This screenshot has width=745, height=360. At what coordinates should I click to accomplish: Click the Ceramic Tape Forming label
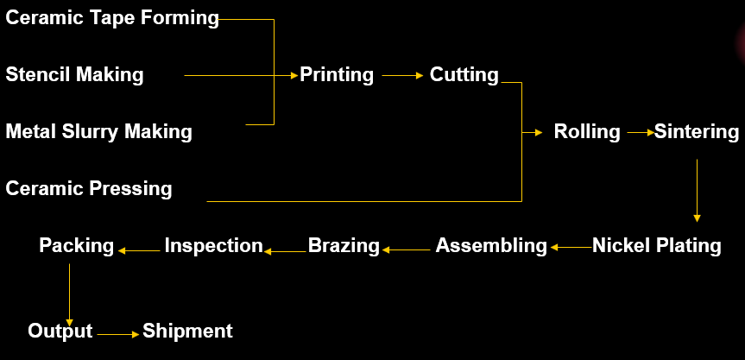[x=112, y=18]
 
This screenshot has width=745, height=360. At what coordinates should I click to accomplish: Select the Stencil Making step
[x=75, y=74]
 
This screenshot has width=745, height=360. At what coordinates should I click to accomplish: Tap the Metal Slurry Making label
[x=99, y=131]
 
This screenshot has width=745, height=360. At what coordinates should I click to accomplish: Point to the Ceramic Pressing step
[x=89, y=187]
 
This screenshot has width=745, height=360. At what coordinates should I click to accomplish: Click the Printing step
[x=337, y=75]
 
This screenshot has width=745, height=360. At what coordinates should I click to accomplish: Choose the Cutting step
[x=464, y=75]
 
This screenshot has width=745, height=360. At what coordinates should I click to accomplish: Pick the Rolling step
[x=587, y=132]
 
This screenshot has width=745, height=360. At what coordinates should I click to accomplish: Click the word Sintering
[x=697, y=132]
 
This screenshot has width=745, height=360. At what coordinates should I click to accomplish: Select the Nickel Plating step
[x=656, y=245]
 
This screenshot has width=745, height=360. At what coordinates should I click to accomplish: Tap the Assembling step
[x=491, y=246]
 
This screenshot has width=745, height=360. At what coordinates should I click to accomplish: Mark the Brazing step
[x=344, y=246]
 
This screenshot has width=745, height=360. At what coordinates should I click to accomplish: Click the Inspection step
[x=213, y=246]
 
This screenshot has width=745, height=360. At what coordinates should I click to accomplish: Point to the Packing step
[x=76, y=246]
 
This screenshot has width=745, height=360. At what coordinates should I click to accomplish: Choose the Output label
[x=60, y=331]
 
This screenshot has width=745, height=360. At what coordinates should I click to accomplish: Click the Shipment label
[x=187, y=331]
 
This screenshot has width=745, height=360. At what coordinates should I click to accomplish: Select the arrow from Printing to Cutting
[x=401, y=76]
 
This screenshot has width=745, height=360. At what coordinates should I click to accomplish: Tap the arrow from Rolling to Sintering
[x=640, y=133]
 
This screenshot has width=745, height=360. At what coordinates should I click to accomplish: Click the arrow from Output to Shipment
[x=117, y=333]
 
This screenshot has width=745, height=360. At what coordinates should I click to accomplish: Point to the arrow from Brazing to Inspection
[x=286, y=251]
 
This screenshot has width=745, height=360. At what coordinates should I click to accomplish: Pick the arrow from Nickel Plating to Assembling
[x=571, y=248]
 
